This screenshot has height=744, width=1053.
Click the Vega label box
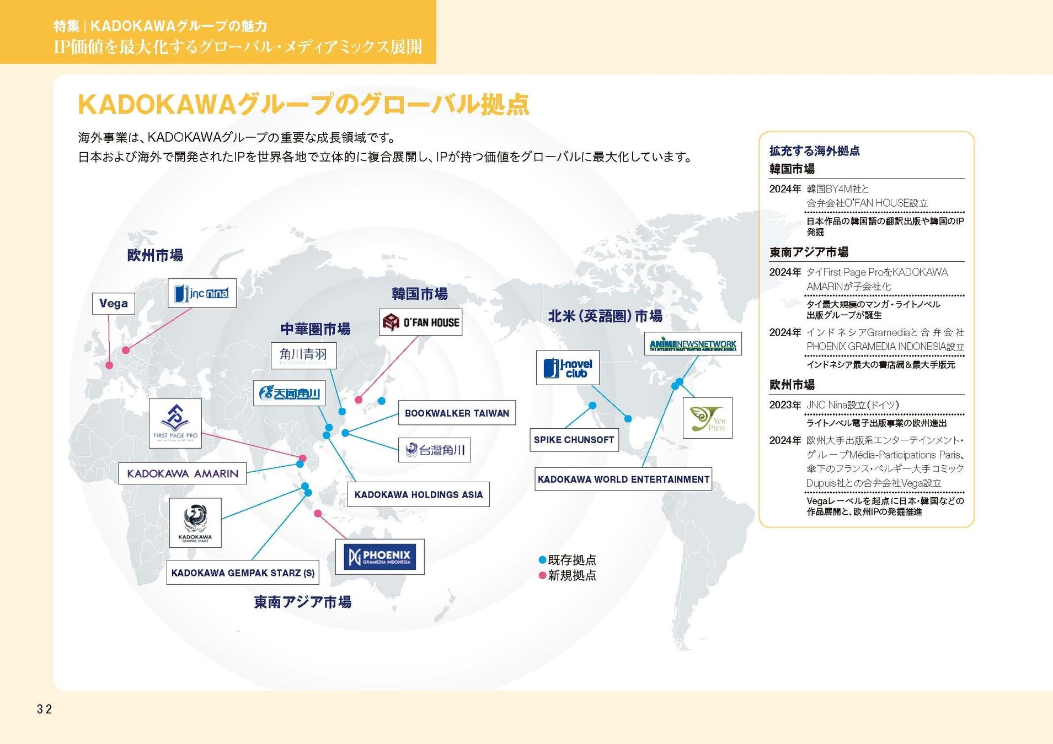(113, 304)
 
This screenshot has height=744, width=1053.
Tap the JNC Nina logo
(202, 293)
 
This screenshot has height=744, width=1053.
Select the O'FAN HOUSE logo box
(420, 322)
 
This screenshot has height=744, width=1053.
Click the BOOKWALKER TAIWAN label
(457, 413)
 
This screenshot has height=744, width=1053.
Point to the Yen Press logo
(707, 418)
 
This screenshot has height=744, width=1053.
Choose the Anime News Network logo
(693, 344)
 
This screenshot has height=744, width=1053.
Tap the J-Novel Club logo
(568, 368)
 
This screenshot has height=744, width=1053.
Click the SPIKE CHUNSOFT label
(574, 440)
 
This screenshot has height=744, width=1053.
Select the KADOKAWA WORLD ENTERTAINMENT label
(623, 479)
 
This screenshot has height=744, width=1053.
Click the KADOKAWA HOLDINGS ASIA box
(418, 495)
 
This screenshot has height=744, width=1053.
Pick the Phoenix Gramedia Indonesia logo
(379, 557)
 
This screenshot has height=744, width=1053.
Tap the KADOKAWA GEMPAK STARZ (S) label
(243, 573)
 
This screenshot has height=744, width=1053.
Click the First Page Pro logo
(175, 423)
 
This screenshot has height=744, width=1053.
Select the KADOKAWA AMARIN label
(183, 473)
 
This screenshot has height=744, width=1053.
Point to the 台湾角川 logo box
(434, 450)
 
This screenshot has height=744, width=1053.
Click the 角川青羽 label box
(303, 355)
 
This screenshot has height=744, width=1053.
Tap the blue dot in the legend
(542, 560)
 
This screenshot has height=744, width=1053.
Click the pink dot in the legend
(542, 576)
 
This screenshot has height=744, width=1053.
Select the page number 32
(44, 709)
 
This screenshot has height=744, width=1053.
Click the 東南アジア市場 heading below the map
(302, 602)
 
